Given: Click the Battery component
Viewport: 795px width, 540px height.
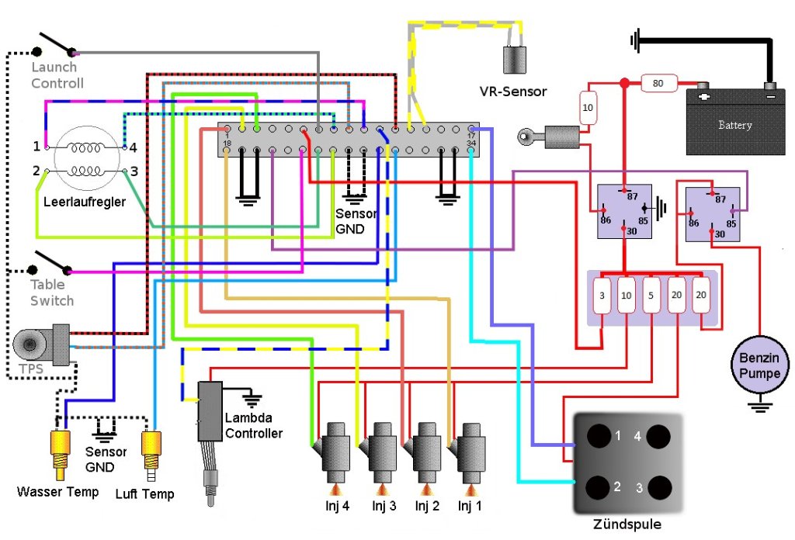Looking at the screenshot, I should point(734,123).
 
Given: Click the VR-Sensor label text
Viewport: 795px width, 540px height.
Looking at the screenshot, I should point(512,92).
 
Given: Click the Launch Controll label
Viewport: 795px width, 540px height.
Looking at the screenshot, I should point(57,75).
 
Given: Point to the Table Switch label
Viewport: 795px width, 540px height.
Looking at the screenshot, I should point(52,293).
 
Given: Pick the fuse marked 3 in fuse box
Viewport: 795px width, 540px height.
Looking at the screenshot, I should point(602,296).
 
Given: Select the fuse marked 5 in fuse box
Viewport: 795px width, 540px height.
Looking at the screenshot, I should point(651,296).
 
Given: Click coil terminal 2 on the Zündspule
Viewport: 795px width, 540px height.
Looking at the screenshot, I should point(599,487).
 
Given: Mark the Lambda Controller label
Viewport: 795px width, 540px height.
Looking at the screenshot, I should point(253,425).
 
